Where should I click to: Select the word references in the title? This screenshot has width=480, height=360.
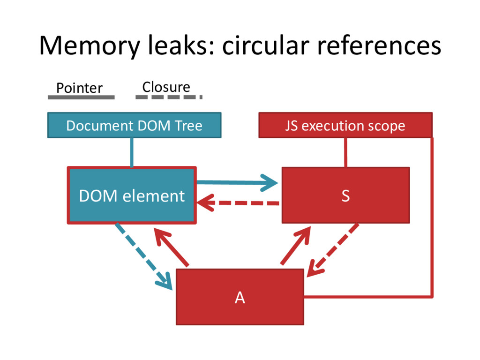click(x=379, y=45)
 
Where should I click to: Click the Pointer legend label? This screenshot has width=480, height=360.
click(x=79, y=88)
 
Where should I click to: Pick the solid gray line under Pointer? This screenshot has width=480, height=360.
click(x=81, y=97)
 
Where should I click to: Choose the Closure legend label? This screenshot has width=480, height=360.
click(x=166, y=87)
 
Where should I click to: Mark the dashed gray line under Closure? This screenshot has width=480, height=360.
click(x=169, y=97)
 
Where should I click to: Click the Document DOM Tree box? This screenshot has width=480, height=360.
click(x=135, y=125)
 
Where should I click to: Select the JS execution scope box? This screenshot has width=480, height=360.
click(x=345, y=125)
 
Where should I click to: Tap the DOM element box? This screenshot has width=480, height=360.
click(x=132, y=195)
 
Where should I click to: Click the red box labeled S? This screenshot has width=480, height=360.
click(x=345, y=195)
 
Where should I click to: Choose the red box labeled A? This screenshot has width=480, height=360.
click(x=240, y=297)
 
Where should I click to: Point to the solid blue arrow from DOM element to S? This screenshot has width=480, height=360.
click(x=237, y=183)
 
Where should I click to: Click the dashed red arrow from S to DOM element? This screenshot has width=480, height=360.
click(x=238, y=203)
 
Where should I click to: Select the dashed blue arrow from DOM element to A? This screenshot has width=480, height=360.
click(x=143, y=256)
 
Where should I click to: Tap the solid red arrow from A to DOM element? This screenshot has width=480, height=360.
click(x=172, y=247)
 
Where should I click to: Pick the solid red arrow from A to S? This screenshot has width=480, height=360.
click(x=296, y=245)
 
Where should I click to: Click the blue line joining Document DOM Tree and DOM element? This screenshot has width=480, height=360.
click(x=132, y=152)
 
